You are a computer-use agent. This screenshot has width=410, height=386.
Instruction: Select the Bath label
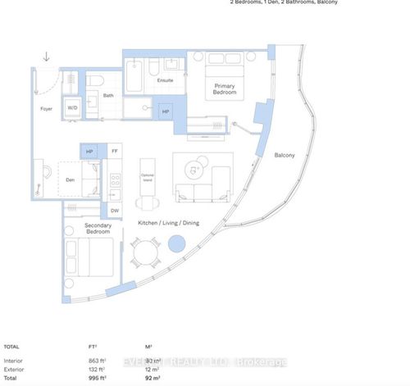(108, 97)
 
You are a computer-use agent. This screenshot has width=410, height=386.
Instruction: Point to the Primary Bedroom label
(225, 89)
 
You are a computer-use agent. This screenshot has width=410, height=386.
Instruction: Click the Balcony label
(285, 154)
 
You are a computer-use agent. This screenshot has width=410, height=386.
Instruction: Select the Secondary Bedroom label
(98, 229)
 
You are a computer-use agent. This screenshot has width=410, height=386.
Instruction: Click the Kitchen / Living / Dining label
(169, 224)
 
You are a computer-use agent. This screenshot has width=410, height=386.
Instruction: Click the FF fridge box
(115, 152)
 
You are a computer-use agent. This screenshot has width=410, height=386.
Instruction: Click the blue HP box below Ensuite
(166, 112)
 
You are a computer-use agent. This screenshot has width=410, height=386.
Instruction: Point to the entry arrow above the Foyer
(47, 57)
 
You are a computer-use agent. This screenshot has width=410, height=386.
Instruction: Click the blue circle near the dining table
(176, 244)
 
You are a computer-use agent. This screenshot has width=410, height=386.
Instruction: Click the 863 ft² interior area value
(97, 361)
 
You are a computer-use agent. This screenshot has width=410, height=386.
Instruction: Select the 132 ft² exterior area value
(97, 369)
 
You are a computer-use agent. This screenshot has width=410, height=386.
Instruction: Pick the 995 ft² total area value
(97, 378)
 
